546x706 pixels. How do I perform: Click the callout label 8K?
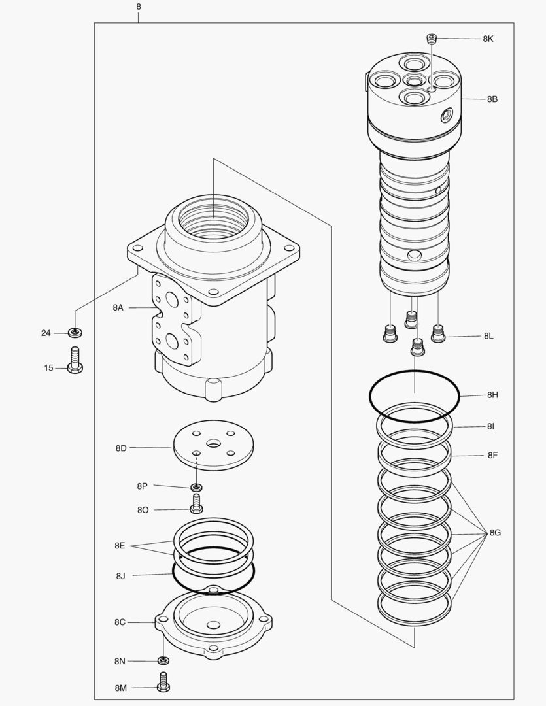click(488, 39)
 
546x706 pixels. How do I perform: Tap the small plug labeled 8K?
click(431, 39)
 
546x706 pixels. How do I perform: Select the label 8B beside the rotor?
click(492, 99)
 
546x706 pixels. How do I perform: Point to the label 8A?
click(118, 307)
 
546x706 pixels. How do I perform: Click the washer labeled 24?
click(76, 333)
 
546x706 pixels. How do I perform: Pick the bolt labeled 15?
click(75, 360)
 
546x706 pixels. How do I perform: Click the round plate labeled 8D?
click(213, 445)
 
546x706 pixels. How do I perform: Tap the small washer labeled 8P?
click(196, 487)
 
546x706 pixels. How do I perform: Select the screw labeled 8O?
click(196, 504)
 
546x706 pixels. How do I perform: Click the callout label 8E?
click(120, 545)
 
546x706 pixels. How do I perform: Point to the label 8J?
click(120, 576)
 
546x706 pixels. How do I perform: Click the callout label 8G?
click(495, 533)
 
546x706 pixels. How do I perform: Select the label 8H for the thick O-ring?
click(492, 395)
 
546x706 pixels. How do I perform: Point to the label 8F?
click(492, 455)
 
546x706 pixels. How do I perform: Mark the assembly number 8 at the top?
click(138, 7)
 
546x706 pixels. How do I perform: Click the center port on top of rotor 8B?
click(414, 80)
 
